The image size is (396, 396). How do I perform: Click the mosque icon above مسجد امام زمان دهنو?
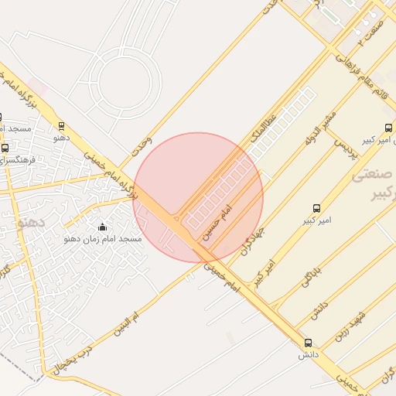(103, 227)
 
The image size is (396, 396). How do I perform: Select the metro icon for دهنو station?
(63, 126)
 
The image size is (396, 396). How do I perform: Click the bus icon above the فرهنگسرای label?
(5, 148)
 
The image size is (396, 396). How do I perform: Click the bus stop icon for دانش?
(309, 343)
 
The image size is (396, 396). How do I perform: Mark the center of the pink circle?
(199, 197)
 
